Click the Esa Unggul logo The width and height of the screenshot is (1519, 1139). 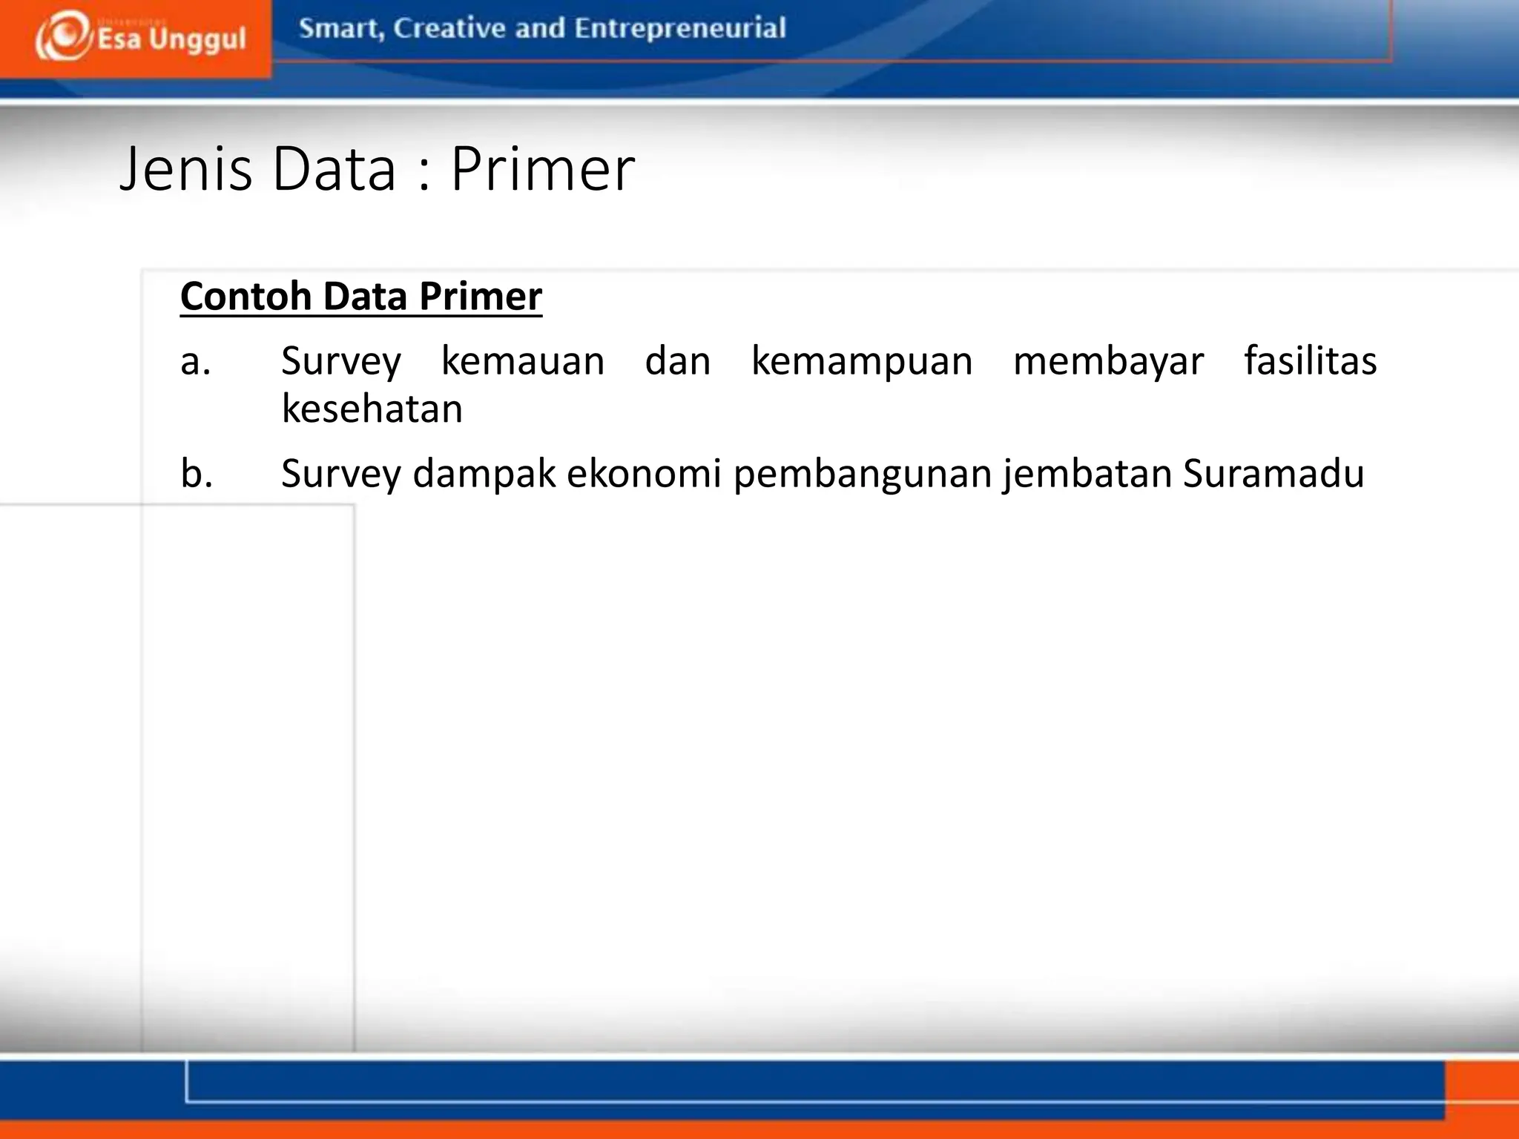[139, 37]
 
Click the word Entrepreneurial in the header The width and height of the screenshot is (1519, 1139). [679, 28]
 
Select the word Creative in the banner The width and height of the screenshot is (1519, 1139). [449, 28]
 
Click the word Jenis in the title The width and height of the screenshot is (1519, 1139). [186, 169]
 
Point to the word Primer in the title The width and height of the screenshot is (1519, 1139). [542, 169]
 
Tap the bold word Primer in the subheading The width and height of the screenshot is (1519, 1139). [480, 296]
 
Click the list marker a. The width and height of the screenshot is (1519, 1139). [196, 362]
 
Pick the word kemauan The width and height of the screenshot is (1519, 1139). [523, 361]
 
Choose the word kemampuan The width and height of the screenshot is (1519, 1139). [862, 361]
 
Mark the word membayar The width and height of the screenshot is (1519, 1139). [1108, 361]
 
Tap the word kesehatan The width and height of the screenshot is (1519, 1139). [372, 409]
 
